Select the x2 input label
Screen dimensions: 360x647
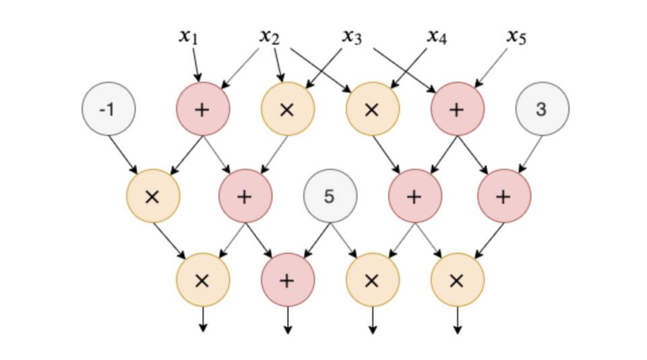[269, 36]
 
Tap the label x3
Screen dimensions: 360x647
[351, 36]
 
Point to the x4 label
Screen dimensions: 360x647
[436, 36]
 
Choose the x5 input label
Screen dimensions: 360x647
[516, 36]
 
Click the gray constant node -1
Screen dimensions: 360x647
[109, 109]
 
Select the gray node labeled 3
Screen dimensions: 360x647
[542, 109]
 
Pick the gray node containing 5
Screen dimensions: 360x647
[330, 196]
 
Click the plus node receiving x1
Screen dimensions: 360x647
[202, 109]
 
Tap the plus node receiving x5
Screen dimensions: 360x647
[457, 109]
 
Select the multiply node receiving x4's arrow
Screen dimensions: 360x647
[372, 109]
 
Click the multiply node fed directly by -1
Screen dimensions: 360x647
[153, 196]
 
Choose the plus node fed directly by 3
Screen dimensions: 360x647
[503, 196]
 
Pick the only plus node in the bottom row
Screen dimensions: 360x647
[287, 280]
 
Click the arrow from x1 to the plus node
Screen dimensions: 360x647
[195, 65]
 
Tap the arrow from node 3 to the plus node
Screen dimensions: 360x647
[528, 154]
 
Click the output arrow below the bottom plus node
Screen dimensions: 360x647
[287, 320]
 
